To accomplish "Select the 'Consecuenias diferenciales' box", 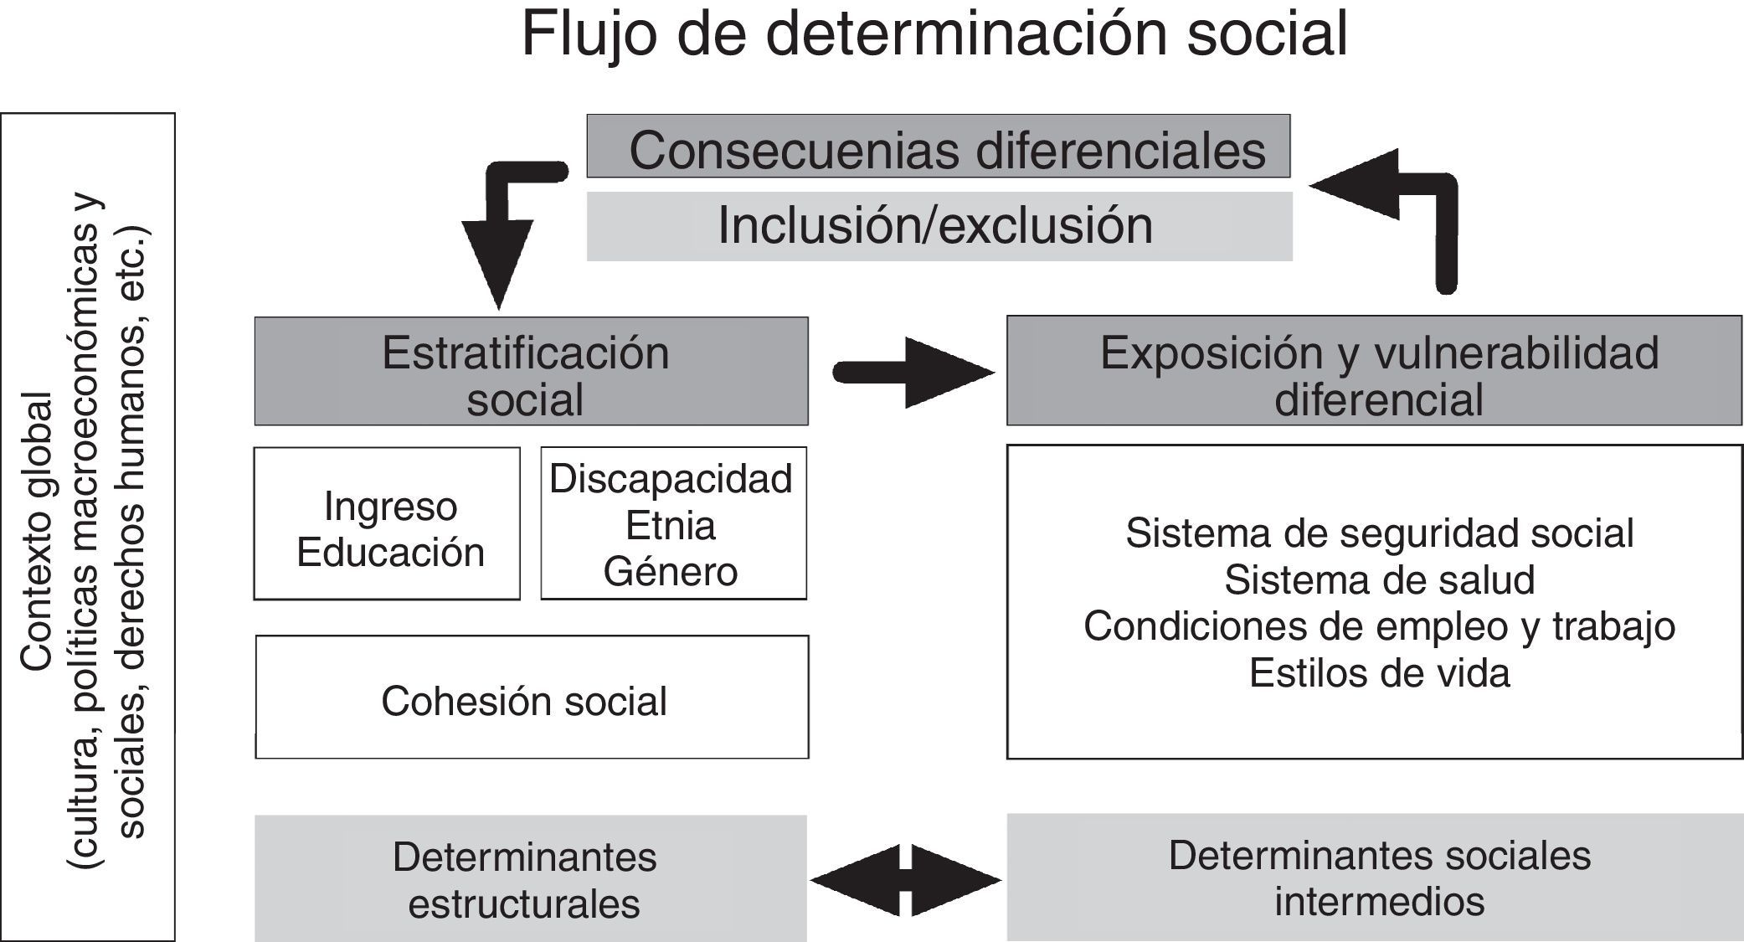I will [x=938, y=147].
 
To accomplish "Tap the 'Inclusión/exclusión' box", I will [x=938, y=226].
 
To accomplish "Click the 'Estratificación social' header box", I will [x=531, y=372].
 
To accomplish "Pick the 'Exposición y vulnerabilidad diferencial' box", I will [x=1373, y=372].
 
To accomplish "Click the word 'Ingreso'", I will [x=390, y=506].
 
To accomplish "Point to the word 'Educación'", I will [x=390, y=553].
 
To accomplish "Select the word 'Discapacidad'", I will [x=671, y=479].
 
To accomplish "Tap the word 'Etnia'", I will [x=671, y=526].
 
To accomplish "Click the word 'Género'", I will [x=671, y=573].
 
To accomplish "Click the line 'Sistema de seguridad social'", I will [x=1379, y=533].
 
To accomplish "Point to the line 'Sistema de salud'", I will [x=1379, y=580].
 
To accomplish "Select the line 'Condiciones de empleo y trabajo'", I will [x=1379, y=626].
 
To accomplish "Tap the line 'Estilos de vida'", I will [x=1379, y=673].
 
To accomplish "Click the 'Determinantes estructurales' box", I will [x=529, y=879].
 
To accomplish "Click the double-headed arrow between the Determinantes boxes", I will [x=906, y=879].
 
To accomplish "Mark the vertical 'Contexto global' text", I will [x=37, y=533].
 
